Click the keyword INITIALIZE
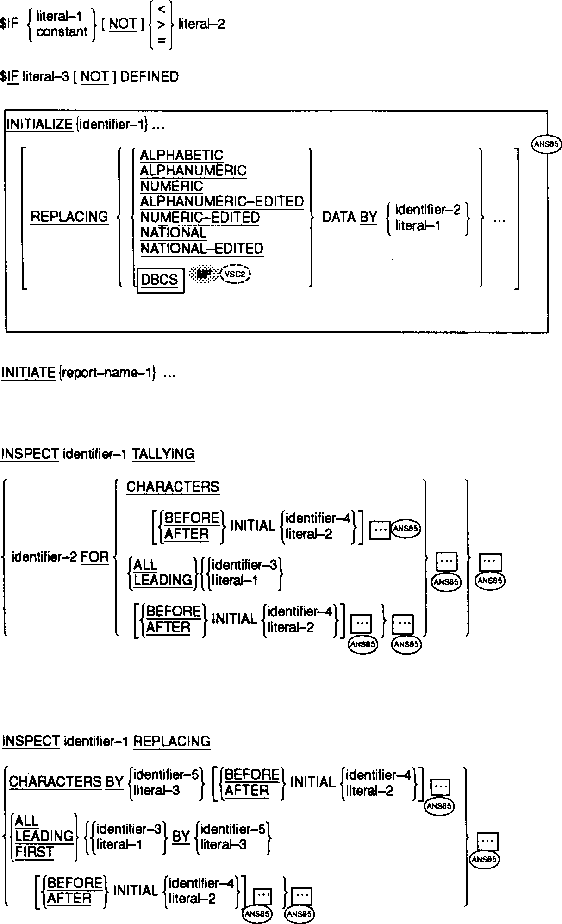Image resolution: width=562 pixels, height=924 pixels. tap(39, 125)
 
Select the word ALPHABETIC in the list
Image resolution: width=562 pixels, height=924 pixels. tap(181, 155)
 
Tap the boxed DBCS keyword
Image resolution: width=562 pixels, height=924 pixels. tap(160, 280)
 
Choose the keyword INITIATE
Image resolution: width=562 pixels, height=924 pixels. tap(28, 373)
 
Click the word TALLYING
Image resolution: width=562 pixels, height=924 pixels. tap(163, 454)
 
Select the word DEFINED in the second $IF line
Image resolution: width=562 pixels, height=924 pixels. tap(150, 77)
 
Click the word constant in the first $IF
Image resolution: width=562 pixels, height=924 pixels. tap(62, 32)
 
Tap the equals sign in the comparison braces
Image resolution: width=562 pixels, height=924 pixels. tap(161, 40)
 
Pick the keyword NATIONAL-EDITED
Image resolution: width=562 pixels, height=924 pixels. tap(202, 249)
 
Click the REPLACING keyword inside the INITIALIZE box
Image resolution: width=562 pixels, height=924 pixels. tap(69, 217)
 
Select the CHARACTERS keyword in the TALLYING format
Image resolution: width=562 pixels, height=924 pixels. tap(173, 487)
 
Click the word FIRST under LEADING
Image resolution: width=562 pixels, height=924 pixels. tap(35, 852)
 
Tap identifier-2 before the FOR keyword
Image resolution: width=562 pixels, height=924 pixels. tap(44, 556)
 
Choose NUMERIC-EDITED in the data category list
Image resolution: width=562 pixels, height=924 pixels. tap(200, 218)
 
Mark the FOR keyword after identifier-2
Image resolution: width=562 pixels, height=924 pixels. tap(95, 556)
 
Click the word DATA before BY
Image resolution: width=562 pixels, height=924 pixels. tap(339, 217)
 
